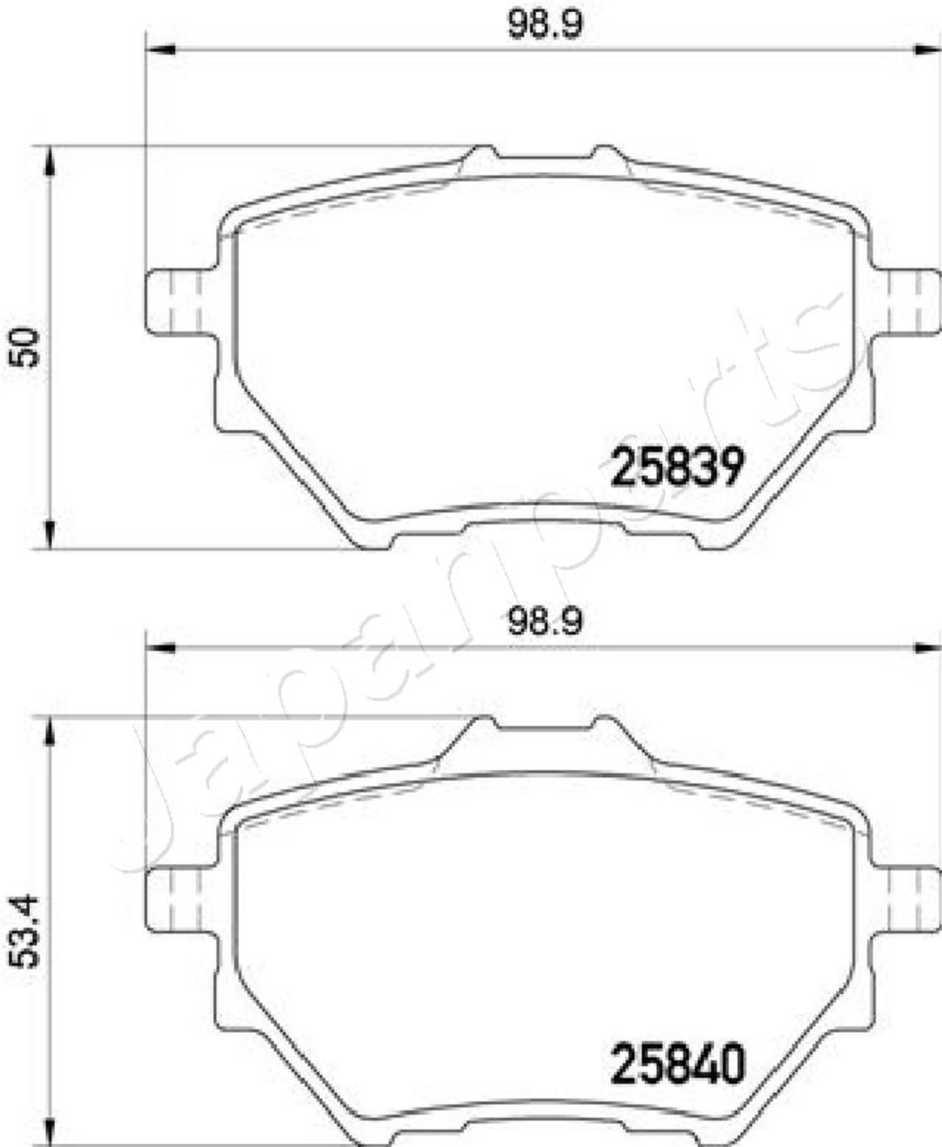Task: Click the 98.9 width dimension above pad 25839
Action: coord(545,25)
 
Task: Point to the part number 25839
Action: coord(677,467)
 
